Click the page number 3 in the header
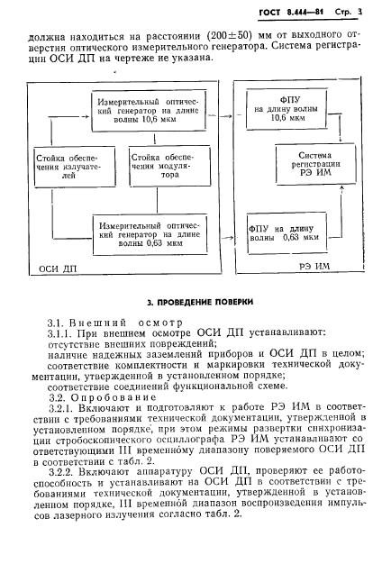[x=358, y=13]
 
